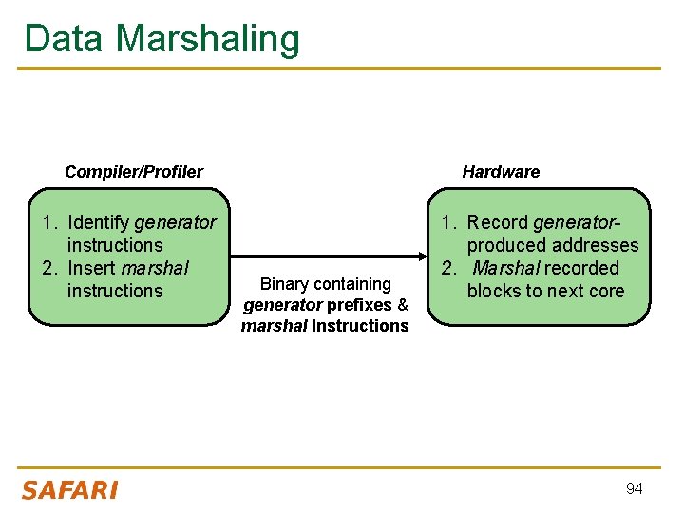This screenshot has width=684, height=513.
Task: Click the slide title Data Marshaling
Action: (x=161, y=39)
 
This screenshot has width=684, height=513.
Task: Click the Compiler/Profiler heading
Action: (x=133, y=172)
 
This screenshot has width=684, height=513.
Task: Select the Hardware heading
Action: (x=501, y=172)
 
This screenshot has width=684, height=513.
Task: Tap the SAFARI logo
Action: (x=69, y=490)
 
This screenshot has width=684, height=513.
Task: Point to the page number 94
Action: (x=634, y=488)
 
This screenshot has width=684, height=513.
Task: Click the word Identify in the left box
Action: (x=99, y=222)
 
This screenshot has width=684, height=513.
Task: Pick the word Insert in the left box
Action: (x=92, y=268)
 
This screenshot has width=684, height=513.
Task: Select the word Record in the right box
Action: (x=498, y=222)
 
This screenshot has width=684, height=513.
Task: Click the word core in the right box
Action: (x=606, y=291)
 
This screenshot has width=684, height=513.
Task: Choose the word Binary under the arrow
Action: (x=284, y=283)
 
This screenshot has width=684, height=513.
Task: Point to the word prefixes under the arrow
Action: (x=359, y=305)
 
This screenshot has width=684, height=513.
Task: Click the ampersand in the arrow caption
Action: (x=403, y=305)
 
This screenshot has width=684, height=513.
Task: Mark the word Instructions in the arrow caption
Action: (x=360, y=326)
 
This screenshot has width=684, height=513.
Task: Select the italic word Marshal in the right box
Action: (x=505, y=268)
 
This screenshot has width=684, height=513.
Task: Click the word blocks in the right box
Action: (x=496, y=291)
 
